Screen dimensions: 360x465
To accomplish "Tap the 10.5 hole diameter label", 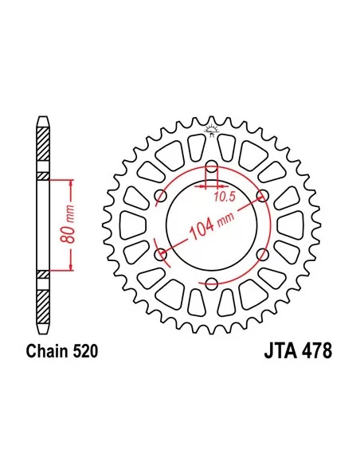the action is pyautogui.click(x=225, y=197).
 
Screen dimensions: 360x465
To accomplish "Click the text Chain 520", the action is pyautogui.click(x=62, y=352).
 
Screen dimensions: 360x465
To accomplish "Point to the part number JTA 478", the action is pyautogui.click(x=298, y=351).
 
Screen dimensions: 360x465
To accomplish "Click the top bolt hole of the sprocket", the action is pyautogui.click(x=211, y=166).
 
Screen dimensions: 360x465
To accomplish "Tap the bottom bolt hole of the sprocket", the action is pyautogui.click(x=211, y=283).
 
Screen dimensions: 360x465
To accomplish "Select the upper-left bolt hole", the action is pyautogui.click(x=161, y=196).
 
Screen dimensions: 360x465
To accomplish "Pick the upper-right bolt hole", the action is pyautogui.click(x=263, y=196).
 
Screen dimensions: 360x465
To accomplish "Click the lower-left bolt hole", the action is pyautogui.click(x=161, y=255).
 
